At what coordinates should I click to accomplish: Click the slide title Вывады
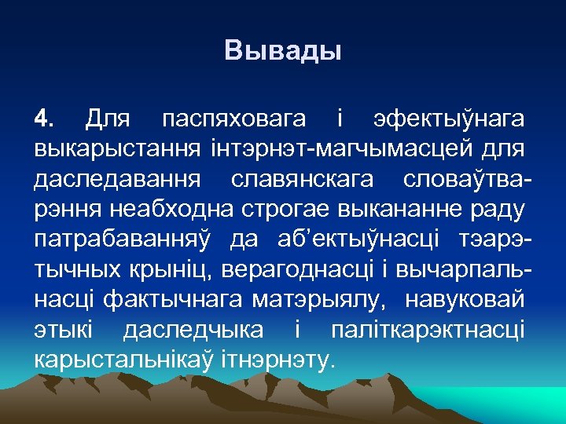[282, 52]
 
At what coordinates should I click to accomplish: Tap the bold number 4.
[44, 120]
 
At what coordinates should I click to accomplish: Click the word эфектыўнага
[447, 120]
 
